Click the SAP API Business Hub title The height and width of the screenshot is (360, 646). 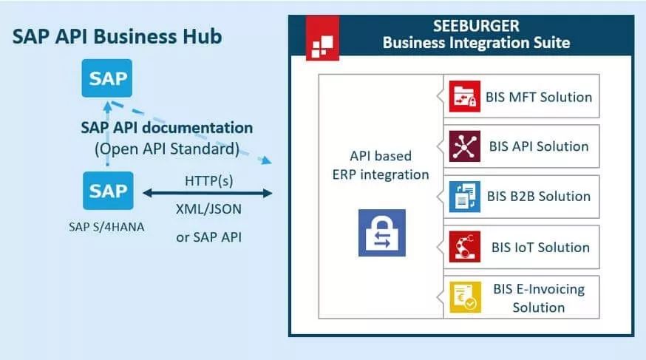[x=117, y=37]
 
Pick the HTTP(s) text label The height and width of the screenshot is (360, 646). [x=208, y=181]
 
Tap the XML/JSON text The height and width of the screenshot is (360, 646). [x=208, y=208]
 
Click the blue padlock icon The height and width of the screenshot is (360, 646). [x=381, y=232]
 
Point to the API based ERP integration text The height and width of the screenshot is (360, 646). [x=379, y=166]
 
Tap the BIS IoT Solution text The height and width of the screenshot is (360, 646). [x=540, y=247]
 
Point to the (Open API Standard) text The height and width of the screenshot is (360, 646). [x=166, y=149]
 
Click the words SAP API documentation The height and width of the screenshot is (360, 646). [x=166, y=128]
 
